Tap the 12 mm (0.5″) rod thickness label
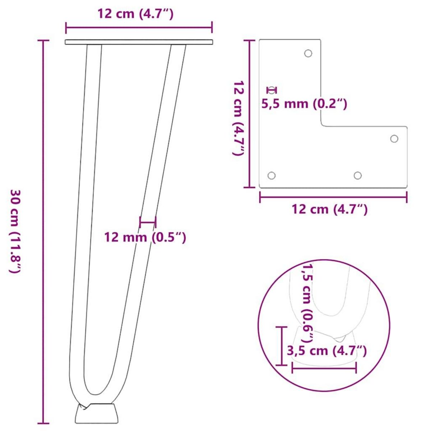[x=145, y=237]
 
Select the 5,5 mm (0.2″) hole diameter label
[x=304, y=104]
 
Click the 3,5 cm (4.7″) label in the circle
[x=327, y=350]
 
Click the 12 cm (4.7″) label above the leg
[x=136, y=14]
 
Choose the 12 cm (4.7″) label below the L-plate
[x=330, y=209]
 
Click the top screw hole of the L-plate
[x=308, y=53]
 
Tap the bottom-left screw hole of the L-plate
[x=272, y=176]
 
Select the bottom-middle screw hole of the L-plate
[x=357, y=175]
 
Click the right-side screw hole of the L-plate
[x=394, y=139]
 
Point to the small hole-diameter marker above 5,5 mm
[x=272, y=90]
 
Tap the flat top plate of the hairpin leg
[x=139, y=42]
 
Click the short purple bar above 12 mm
[x=148, y=222]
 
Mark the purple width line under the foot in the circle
[x=324, y=367]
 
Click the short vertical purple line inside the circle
[x=281, y=346]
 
